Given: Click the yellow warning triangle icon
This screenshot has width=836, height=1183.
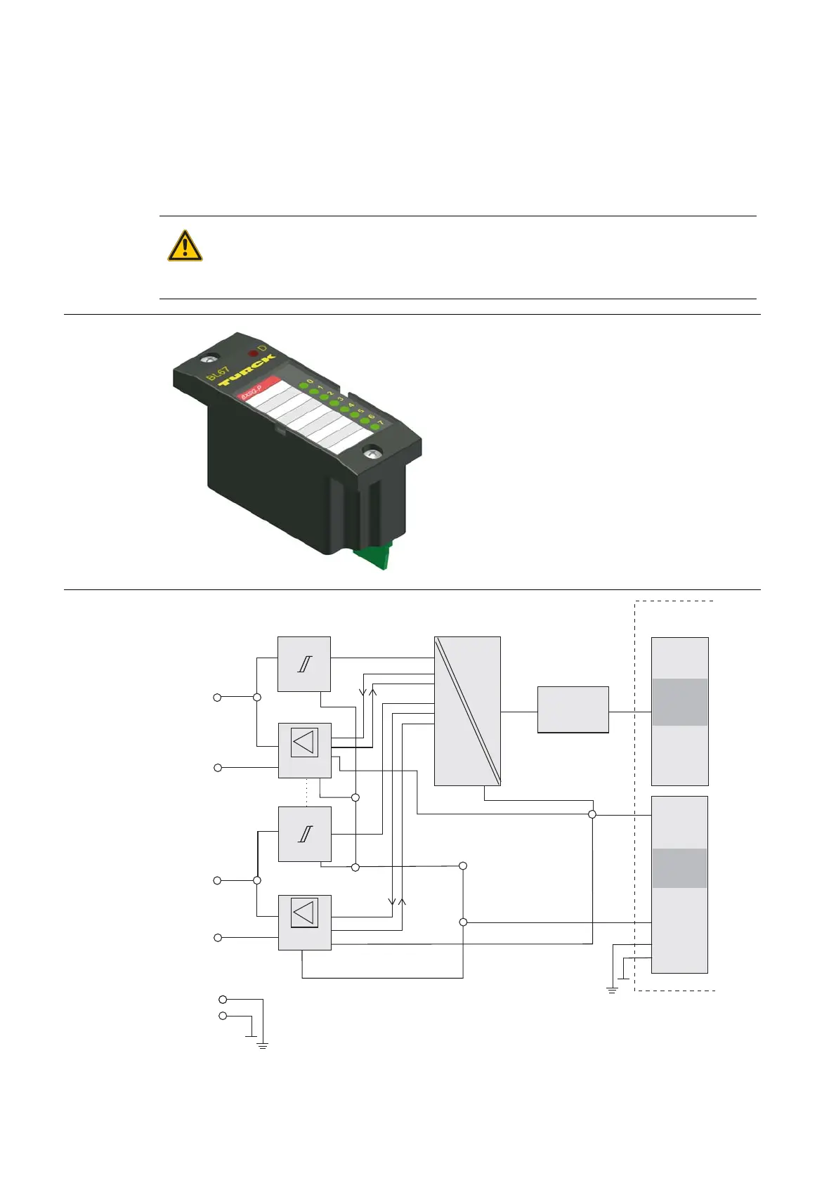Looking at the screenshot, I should point(185,247).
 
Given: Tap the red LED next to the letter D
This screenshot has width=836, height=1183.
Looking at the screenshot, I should point(252,353).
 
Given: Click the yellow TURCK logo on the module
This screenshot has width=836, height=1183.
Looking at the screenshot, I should point(246,371).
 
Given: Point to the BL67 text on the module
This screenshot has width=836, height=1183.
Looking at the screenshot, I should point(218,374).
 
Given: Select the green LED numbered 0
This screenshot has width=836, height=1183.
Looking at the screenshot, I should point(303,386).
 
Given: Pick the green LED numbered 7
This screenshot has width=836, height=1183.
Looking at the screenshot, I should point(375,427).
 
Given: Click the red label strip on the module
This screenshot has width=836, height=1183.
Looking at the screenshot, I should point(261,387).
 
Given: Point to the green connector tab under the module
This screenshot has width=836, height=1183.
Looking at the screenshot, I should point(372,557).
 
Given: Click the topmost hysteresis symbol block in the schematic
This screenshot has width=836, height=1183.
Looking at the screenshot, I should point(304,664).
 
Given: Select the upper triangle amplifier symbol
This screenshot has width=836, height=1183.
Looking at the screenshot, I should point(304,742).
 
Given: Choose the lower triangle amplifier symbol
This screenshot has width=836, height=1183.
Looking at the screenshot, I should point(304,913).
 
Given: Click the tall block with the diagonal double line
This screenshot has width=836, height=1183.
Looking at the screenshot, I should point(467,711).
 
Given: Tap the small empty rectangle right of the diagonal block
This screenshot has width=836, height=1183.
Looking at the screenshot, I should point(573,710).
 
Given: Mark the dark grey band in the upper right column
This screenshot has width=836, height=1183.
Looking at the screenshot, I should point(679,702).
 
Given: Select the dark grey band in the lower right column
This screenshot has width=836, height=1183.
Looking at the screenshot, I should point(679,868).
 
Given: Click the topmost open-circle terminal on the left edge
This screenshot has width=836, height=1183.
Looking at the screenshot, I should point(218,698).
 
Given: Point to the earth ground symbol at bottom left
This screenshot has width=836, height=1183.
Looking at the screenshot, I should point(263,1045).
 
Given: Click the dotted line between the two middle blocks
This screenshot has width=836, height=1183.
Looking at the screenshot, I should point(307,792).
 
